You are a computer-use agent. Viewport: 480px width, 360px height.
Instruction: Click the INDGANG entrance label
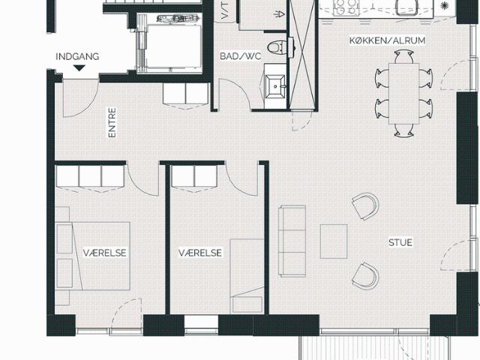pyautogui.click(x=77, y=57)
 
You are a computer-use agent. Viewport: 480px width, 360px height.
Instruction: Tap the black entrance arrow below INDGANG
pyautogui.click(x=79, y=68)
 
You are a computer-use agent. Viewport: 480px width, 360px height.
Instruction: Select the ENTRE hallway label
pyautogui.click(x=112, y=122)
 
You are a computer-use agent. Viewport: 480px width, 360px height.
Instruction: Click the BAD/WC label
pyautogui.click(x=241, y=56)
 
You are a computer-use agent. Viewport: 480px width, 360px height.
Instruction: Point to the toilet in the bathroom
pyautogui.click(x=277, y=47)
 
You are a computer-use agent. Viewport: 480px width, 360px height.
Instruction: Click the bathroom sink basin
pyautogui.click(x=275, y=86)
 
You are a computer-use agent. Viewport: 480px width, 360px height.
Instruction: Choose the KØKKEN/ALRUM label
pyautogui.click(x=387, y=40)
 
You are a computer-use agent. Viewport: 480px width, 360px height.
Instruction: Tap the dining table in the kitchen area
pyautogui.click(x=403, y=93)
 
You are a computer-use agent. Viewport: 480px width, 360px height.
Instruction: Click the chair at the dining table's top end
pyautogui.click(x=403, y=57)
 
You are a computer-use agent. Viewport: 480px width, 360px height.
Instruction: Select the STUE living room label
pyautogui.click(x=400, y=242)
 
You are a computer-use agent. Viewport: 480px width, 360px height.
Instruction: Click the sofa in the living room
pyautogui.click(x=292, y=241)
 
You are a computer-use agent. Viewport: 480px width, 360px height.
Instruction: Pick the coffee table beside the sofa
pyautogui.click(x=334, y=241)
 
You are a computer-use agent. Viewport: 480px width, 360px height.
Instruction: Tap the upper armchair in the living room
pyautogui.click(x=365, y=206)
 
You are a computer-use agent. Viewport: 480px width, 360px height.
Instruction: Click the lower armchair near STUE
pyautogui.click(x=365, y=276)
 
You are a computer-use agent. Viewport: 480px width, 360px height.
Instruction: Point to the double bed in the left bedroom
pyautogui.click(x=93, y=256)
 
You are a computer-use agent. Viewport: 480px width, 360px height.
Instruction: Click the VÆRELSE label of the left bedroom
pyautogui.click(x=104, y=253)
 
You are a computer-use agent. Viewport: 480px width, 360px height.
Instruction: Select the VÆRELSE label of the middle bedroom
pyautogui.click(x=200, y=253)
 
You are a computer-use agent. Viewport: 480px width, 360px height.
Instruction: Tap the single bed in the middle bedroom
pyautogui.click(x=247, y=276)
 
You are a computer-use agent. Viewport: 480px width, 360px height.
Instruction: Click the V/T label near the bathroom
pyautogui.click(x=224, y=10)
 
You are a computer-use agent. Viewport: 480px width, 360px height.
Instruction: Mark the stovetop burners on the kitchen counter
pyautogui.click(x=346, y=7)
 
